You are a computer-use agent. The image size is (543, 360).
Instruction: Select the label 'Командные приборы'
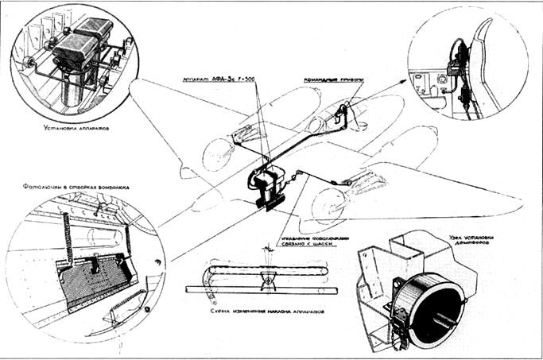(333, 81)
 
